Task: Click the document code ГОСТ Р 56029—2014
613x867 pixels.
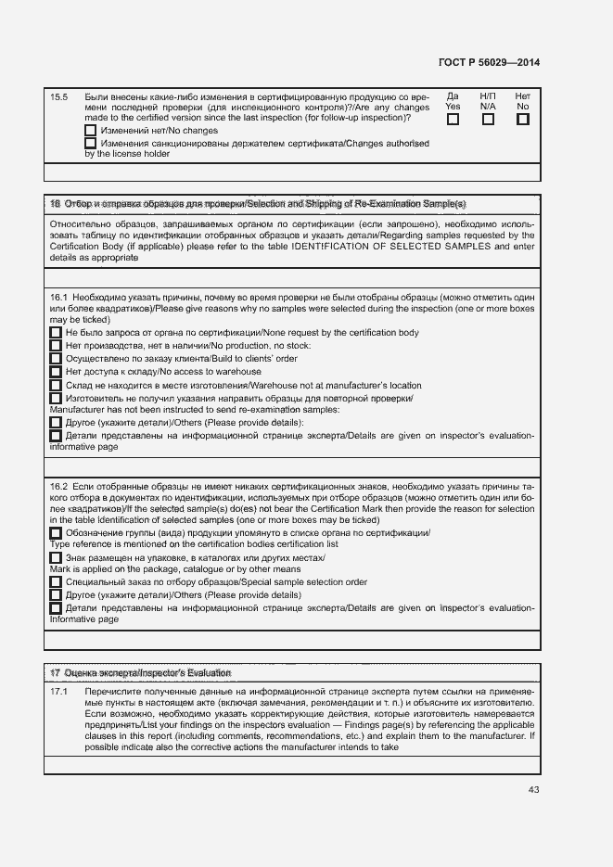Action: pos(488,62)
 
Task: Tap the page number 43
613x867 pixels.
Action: pos(532,790)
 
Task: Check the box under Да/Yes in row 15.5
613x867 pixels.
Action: pos(453,120)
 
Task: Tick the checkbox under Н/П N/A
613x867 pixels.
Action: pos(488,120)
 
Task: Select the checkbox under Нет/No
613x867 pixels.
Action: pos(522,120)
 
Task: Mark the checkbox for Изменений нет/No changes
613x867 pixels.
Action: pos(90,131)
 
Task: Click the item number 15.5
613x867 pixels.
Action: pos(58,96)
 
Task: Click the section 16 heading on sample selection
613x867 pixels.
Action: pos(258,203)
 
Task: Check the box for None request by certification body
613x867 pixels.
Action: pos(56,333)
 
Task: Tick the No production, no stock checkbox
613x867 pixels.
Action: pos(56,346)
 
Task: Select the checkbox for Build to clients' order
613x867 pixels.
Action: pos(56,359)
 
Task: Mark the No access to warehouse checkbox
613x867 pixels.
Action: pos(56,372)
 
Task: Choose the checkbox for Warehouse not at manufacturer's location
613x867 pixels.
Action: pos(56,385)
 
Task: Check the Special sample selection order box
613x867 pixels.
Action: pos(56,581)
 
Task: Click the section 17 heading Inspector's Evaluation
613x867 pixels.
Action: pos(140,672)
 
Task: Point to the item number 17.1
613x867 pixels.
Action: pos(58,693)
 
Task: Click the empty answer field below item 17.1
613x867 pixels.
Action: pos(292,765)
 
